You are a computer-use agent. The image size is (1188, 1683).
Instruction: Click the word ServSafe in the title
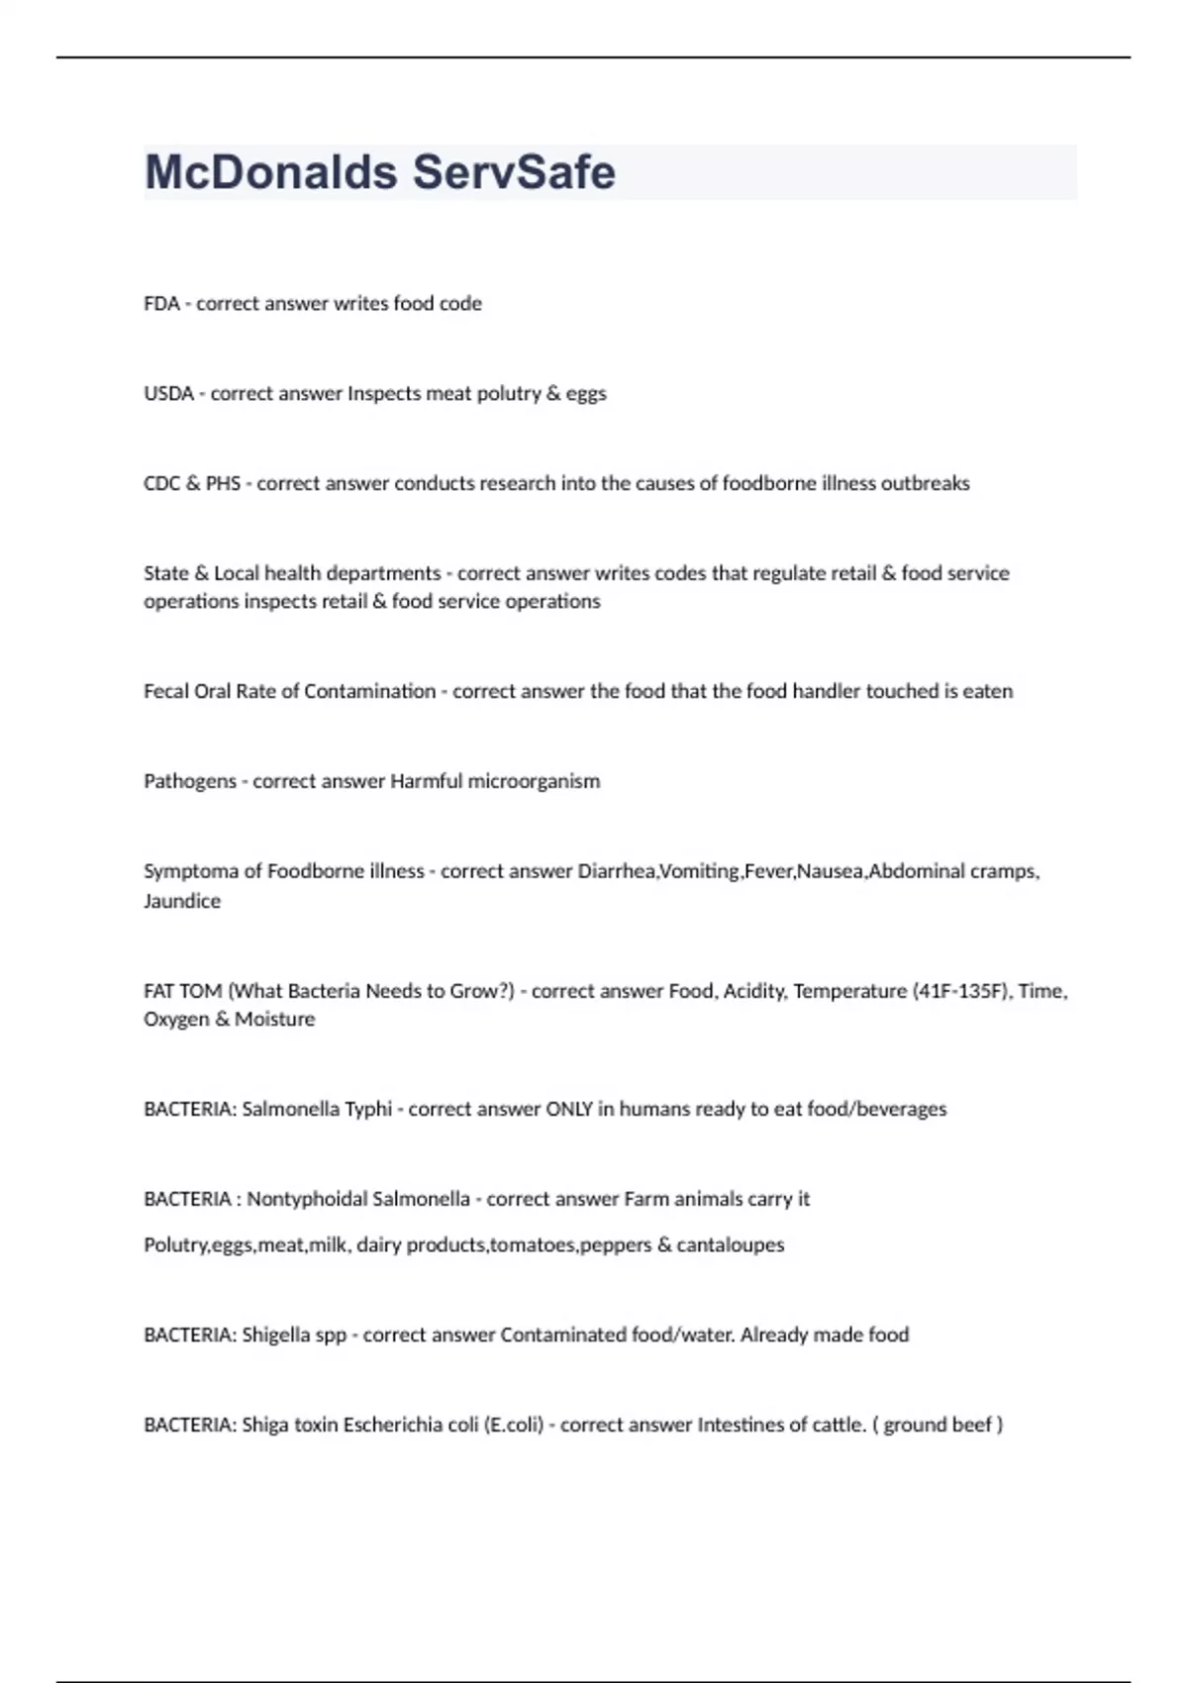point(514,172)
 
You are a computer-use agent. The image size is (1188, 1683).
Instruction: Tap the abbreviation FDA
point(161,304)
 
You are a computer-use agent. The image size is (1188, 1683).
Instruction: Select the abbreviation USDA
point(168,394)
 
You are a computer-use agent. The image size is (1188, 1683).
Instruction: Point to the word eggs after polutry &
point(586,394)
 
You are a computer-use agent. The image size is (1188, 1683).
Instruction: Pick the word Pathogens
point(190,781)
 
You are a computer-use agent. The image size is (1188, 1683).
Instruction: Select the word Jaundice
point(182,901)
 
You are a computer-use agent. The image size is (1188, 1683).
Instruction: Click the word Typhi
point(367,1109)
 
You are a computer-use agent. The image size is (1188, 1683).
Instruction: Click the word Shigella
point(275,1335)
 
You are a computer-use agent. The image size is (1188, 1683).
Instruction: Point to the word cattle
point(839,1425)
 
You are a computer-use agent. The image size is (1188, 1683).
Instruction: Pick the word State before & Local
point(165,573)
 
